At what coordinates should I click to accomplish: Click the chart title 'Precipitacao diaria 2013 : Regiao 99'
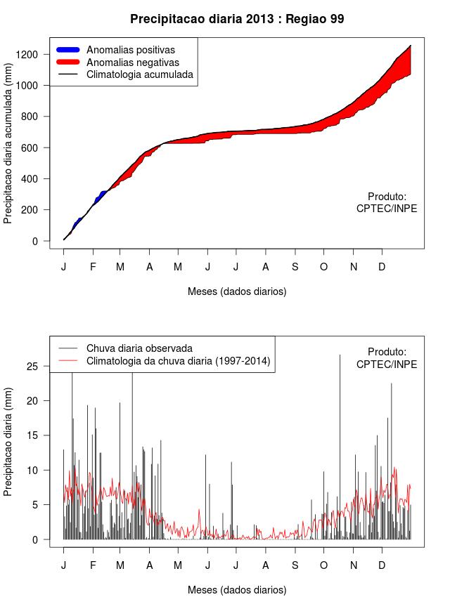pos(237,19)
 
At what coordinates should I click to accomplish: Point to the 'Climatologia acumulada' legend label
pos(139,74)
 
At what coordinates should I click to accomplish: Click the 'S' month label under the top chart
pos(295,267)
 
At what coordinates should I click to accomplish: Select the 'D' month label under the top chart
pos(382,267)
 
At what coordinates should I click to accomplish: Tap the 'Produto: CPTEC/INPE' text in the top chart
pos(387,203)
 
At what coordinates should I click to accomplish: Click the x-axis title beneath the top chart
pos(237,291)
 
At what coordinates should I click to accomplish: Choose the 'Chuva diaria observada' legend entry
pos(139,348)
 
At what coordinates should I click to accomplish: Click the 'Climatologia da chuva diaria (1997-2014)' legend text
pos(179,361)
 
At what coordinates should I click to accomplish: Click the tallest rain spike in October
pos(340,421)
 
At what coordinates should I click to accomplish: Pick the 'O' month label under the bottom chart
pos(323,565)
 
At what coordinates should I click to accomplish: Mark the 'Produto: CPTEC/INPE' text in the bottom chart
pos(387,358)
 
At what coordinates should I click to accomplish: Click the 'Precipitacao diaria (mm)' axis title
pos(8,441)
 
